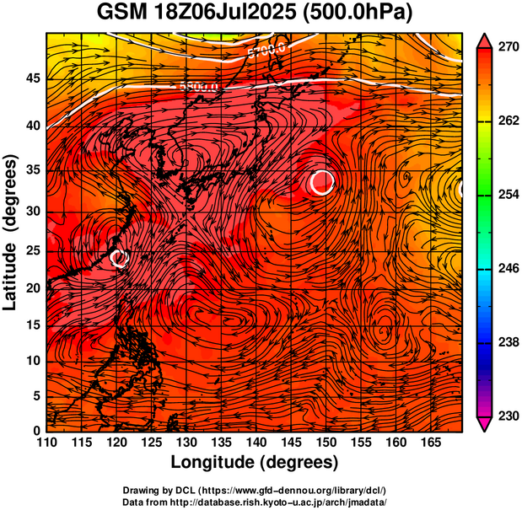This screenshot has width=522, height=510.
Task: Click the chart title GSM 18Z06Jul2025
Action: (x=194, y=13)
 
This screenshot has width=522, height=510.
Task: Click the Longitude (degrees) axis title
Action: (x=255, y=462)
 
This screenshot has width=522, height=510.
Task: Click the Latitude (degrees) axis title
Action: (x=11, y=231)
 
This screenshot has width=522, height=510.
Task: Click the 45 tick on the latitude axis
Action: (x=31, y=78)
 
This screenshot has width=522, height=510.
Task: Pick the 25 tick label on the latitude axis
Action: (x=31, y=250)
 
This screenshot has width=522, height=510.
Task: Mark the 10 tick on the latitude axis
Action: (x=31, y=361)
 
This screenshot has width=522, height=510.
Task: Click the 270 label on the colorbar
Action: (x=506, y=48)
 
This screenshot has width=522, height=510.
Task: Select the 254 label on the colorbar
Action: (x=506, y=195)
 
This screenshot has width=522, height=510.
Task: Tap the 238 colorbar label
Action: (x=506, y=342)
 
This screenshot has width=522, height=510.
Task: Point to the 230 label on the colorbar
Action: (x=506, y=416)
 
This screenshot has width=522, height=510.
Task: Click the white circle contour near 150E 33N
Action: (x=321, y=182)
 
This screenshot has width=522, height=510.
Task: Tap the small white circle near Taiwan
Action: (x=119, y=258)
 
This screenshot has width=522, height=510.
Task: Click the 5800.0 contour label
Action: (x=199, y=86)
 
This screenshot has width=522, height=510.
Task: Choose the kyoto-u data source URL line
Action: (x=255, y=502)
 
